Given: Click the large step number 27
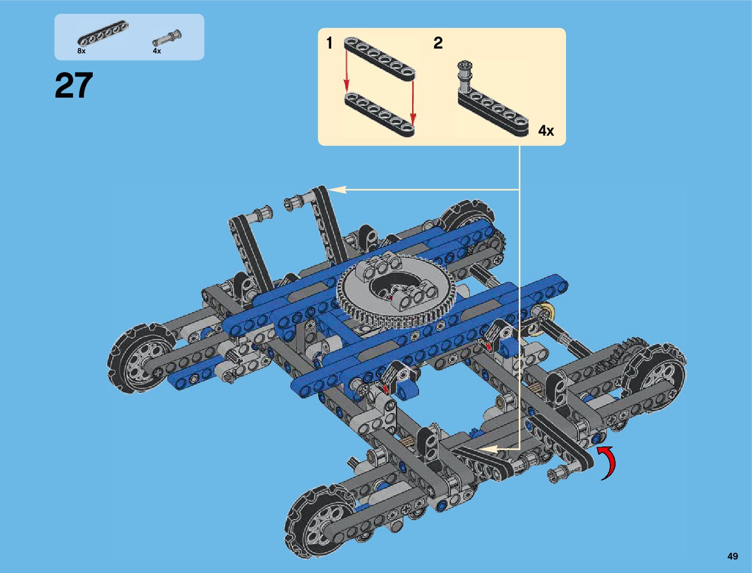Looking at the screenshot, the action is [74, 85].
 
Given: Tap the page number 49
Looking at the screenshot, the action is [732, 556].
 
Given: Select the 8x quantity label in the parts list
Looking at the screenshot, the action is [81, 51].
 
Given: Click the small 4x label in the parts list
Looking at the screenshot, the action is [157, 51].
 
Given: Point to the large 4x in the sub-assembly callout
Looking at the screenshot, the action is [546, 131].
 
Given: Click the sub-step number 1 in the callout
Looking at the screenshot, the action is [329, 43].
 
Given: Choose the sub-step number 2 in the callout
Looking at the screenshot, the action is [438, 43].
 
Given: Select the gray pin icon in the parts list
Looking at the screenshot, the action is [167, 37].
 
